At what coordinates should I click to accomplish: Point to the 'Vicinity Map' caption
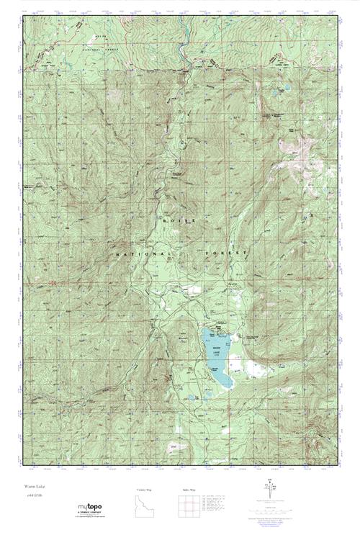click(x=145, y=490)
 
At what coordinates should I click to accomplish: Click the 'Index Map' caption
click(x=189, y=490)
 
